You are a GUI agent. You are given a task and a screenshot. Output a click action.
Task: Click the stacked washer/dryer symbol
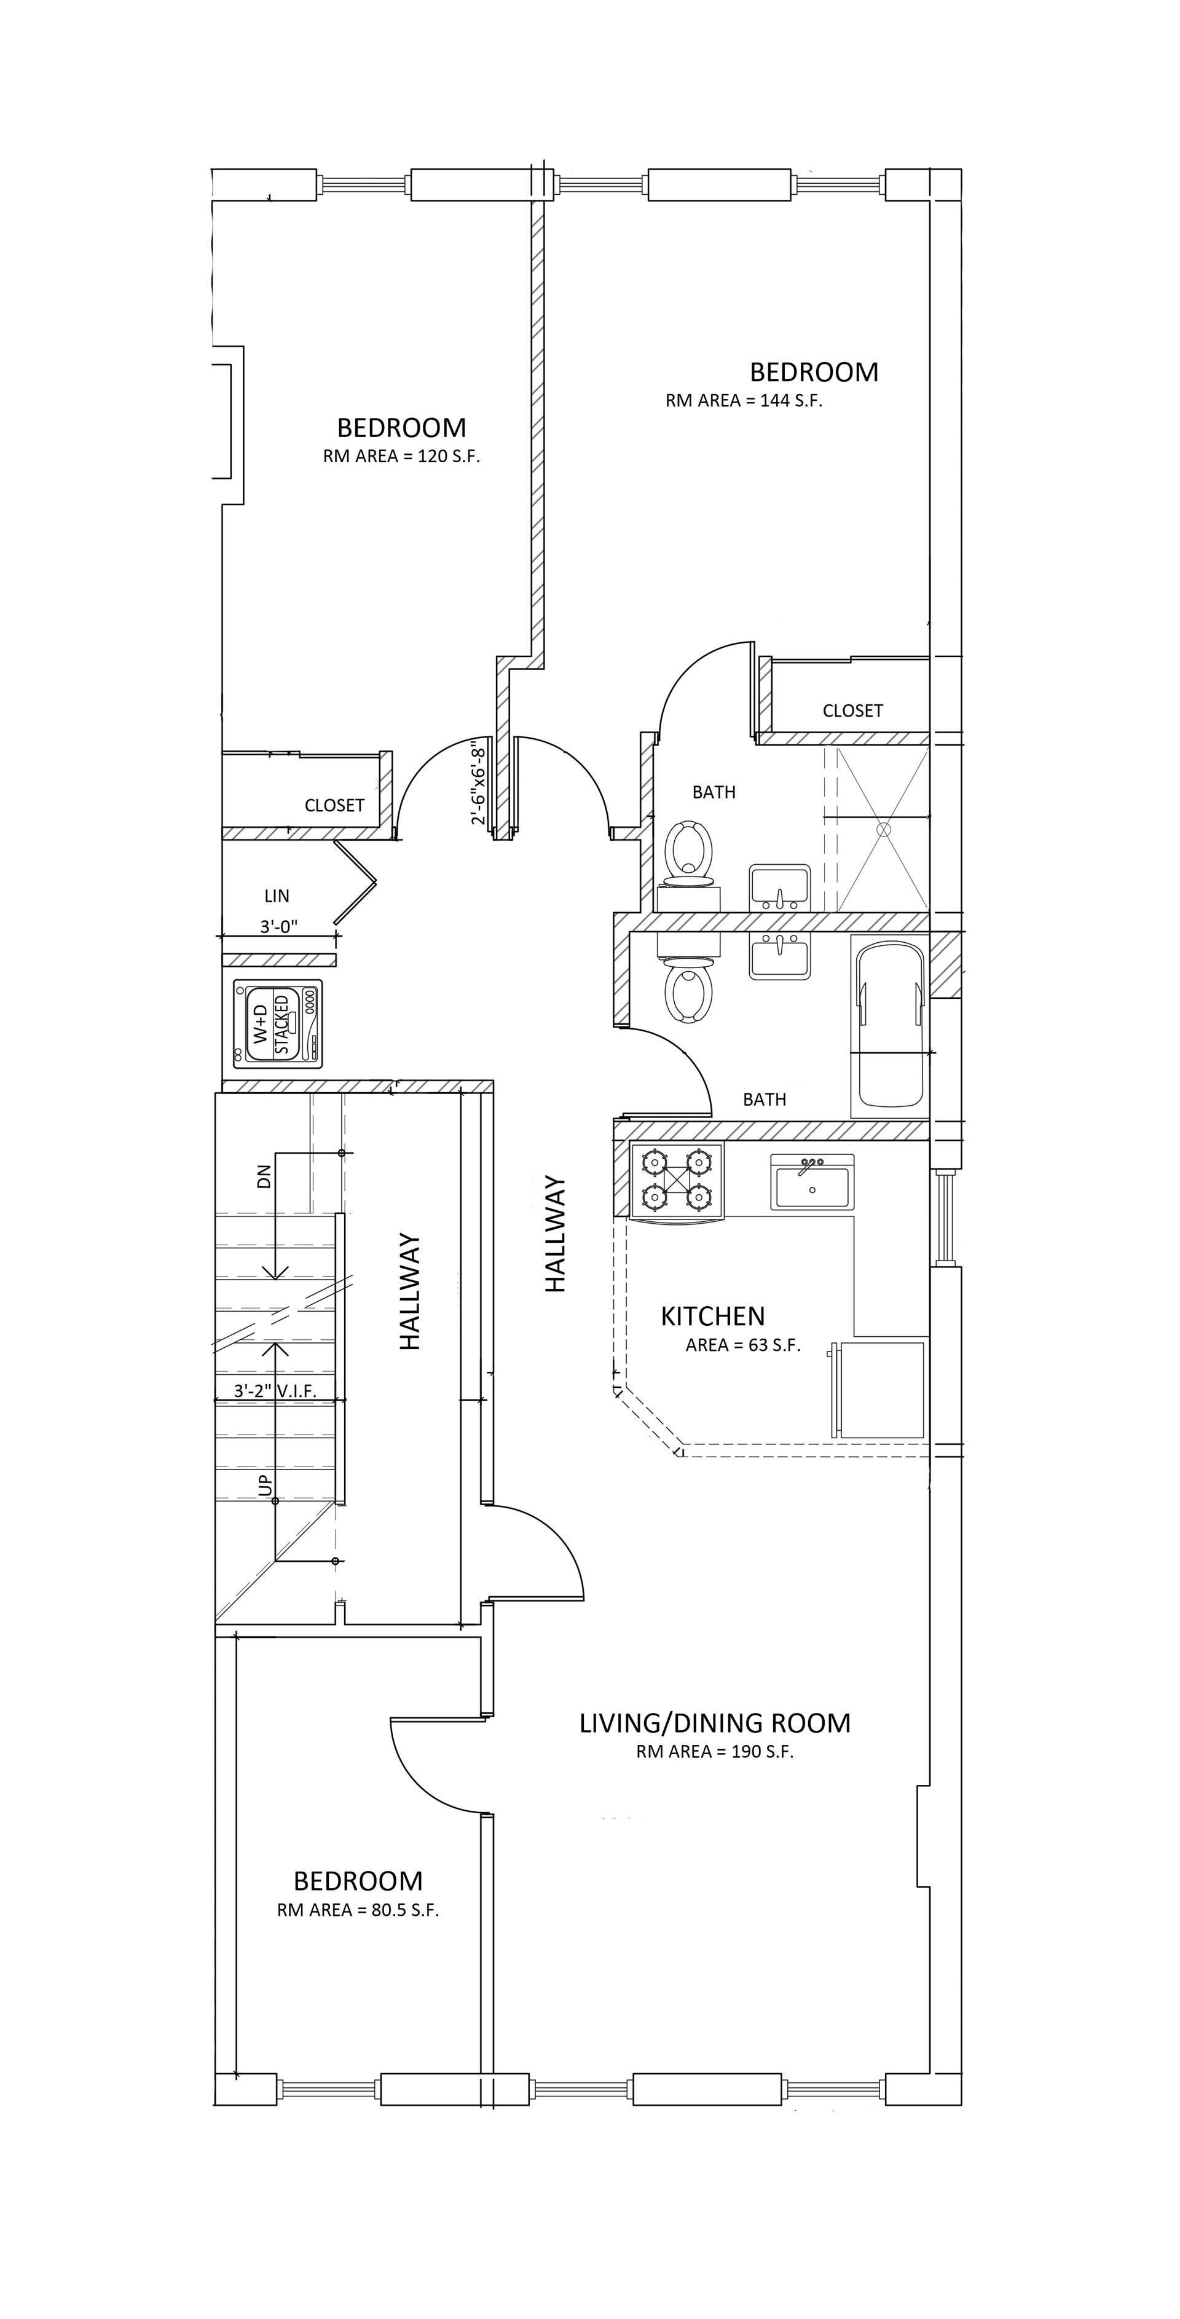[x=277, y=1023]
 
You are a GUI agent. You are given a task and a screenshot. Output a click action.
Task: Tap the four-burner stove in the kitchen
[x=677, y=1179]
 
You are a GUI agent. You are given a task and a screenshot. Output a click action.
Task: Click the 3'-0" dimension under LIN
[x=279, y=926]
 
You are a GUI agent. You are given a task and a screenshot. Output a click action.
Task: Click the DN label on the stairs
[x=264, y=1176]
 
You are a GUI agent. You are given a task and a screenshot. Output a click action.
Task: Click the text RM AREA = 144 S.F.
[x=744, y=401]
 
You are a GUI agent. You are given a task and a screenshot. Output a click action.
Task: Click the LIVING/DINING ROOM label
[x=715, y=1723]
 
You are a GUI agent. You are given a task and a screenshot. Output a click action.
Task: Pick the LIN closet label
[x=277, y=896]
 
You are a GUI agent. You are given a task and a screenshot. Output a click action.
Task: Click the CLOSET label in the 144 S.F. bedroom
[x=852, y=711]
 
